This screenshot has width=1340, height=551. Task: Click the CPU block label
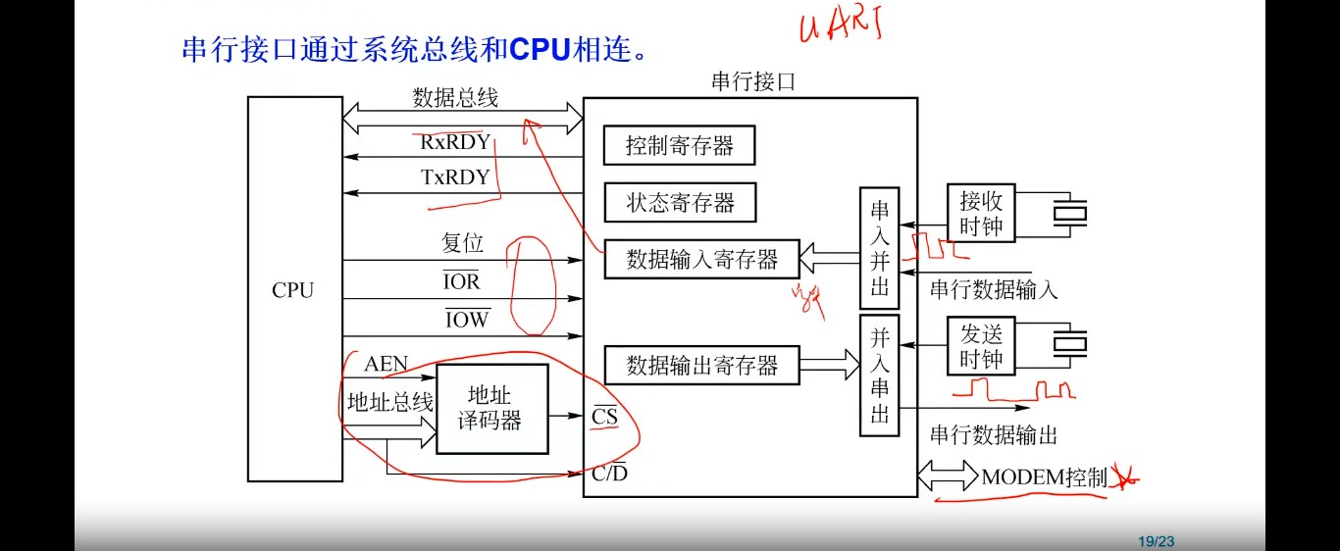(292, 290)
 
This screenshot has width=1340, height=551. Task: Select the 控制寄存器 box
(680, 146)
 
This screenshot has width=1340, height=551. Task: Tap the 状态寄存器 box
(680, 204)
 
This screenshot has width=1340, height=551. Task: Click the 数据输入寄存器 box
(701, 260)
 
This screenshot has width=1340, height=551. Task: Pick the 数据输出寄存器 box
(701, 367)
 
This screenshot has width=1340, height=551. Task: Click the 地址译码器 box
(492, 409)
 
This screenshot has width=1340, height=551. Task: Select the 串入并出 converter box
(879, 249)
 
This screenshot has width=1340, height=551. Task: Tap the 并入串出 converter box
(879, 376)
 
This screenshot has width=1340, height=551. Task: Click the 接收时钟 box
(981, 213)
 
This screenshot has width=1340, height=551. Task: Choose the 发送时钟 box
(981, 346)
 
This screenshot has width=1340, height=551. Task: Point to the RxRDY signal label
(455, 142)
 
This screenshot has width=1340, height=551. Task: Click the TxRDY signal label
(455, 177)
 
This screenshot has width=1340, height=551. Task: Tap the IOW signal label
(467, 319)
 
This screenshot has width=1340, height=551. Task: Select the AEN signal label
(386, 365)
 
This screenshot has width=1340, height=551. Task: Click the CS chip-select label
(605, 417)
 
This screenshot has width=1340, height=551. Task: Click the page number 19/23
(1156, 541)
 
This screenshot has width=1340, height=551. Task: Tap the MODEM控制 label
(1044, 477)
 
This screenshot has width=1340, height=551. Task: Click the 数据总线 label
(455, 98)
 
